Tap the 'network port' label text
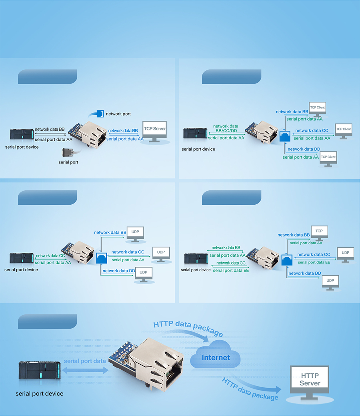pyautogui.click(x=118, y=114)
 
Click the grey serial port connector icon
pyautogui.click(x=68, y=153)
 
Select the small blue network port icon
pyautogui.click(x=100, y=113)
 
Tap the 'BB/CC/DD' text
pyautogui.click(x=226, y=131)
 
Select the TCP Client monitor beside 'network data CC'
pyautogui.click(x=343, y=130)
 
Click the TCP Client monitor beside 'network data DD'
pyautogui.click(x=328, y=158)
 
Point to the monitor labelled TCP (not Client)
pyautogui.click(x=319, y=232)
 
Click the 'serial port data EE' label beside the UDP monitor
pyautogui.click(x=314, y=262)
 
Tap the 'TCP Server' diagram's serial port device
pyautogui.click(x=22, y=135)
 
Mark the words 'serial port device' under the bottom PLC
pyautogui.click(x=39, y=394)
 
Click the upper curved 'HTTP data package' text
pyautogui.click(x=188, y=327)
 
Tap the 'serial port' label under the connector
pyautogui.click(x=68, y=162)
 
